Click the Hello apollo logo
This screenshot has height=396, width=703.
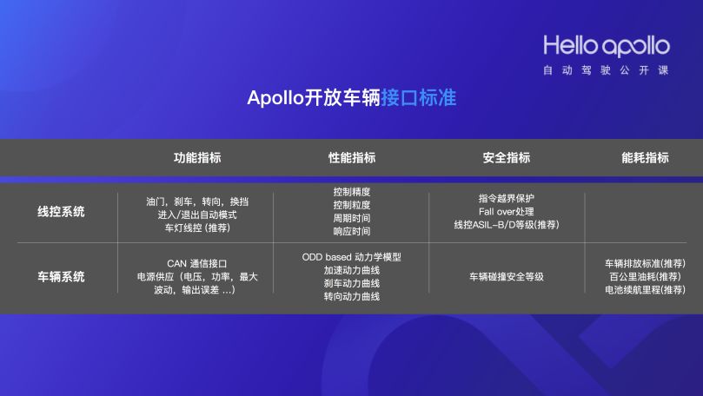[x=606, y=45]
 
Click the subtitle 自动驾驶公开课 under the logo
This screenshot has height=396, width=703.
[x=606, y=69]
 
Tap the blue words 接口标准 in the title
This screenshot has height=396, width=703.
[x=418, y=98]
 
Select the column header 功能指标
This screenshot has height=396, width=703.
[x=197, y=158]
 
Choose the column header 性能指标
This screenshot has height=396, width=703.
[x=352, y=158]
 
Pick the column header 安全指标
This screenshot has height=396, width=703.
[x=506, y=158]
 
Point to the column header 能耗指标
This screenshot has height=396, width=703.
[x=645, y=158]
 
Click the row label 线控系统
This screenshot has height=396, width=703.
[x=61, y=212]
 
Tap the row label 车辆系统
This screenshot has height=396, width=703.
[x=61, y=277]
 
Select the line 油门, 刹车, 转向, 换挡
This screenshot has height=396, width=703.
[x=197, y=201]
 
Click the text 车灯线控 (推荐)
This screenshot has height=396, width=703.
[x=197, y=228]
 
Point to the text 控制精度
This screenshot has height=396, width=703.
[x=352, y=191]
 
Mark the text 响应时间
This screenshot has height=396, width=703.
[x=352, y=232]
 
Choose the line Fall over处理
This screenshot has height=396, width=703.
[x=506, y=211]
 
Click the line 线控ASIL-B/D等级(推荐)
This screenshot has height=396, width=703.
[x=506, y=225]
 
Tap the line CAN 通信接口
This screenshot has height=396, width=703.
[x=197, y=263]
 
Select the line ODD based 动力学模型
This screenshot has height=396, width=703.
[x=352, y=257]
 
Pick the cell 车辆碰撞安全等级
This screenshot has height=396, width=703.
[x=506, y=277]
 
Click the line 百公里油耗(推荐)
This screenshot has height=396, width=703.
[x=645, y=276]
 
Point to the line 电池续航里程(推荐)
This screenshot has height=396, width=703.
[x=645, y=290]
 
